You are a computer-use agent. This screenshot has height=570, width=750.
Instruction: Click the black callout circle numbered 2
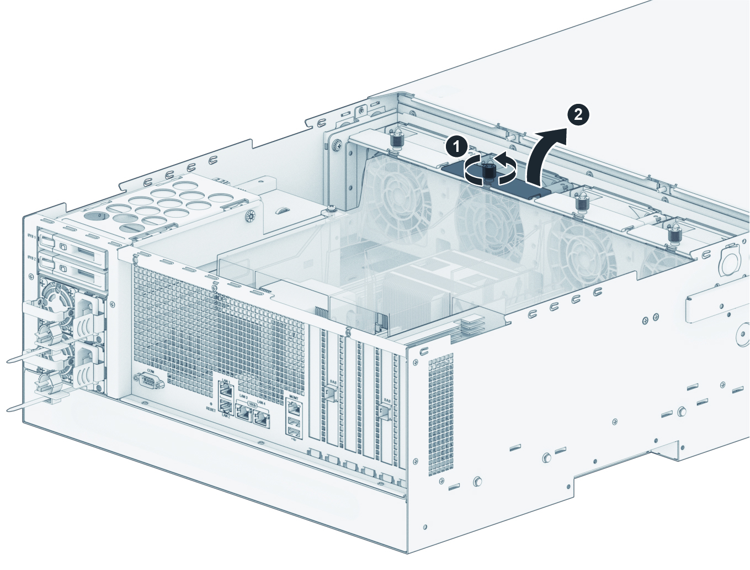(x=578, y=114)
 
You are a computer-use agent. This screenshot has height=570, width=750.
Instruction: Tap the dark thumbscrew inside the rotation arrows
(x=489, y=172)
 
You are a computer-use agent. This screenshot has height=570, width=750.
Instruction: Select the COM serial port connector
(x=148, y=382)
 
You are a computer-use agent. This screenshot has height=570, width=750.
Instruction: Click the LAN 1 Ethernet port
(x=226, y=389)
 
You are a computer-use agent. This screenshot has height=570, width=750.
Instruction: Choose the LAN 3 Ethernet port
(x=243, y=412)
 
